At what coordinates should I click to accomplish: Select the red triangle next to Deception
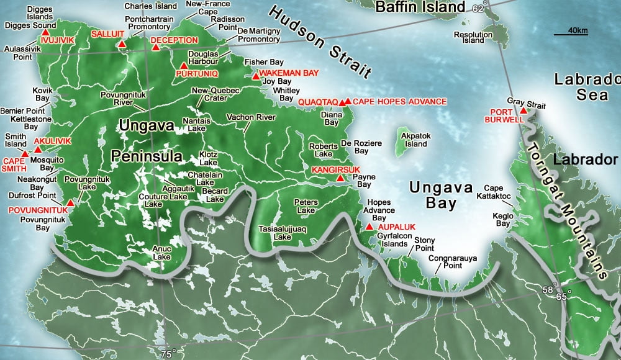(156, 47)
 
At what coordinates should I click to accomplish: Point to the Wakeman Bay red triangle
(255, 76)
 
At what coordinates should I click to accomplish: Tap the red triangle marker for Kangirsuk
(340, 178)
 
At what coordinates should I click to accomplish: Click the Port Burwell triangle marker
(524, 110)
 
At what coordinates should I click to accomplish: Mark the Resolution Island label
(468, 37)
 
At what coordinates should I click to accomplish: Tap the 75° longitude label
(166, 354)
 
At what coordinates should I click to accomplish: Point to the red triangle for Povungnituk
(71, 202)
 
